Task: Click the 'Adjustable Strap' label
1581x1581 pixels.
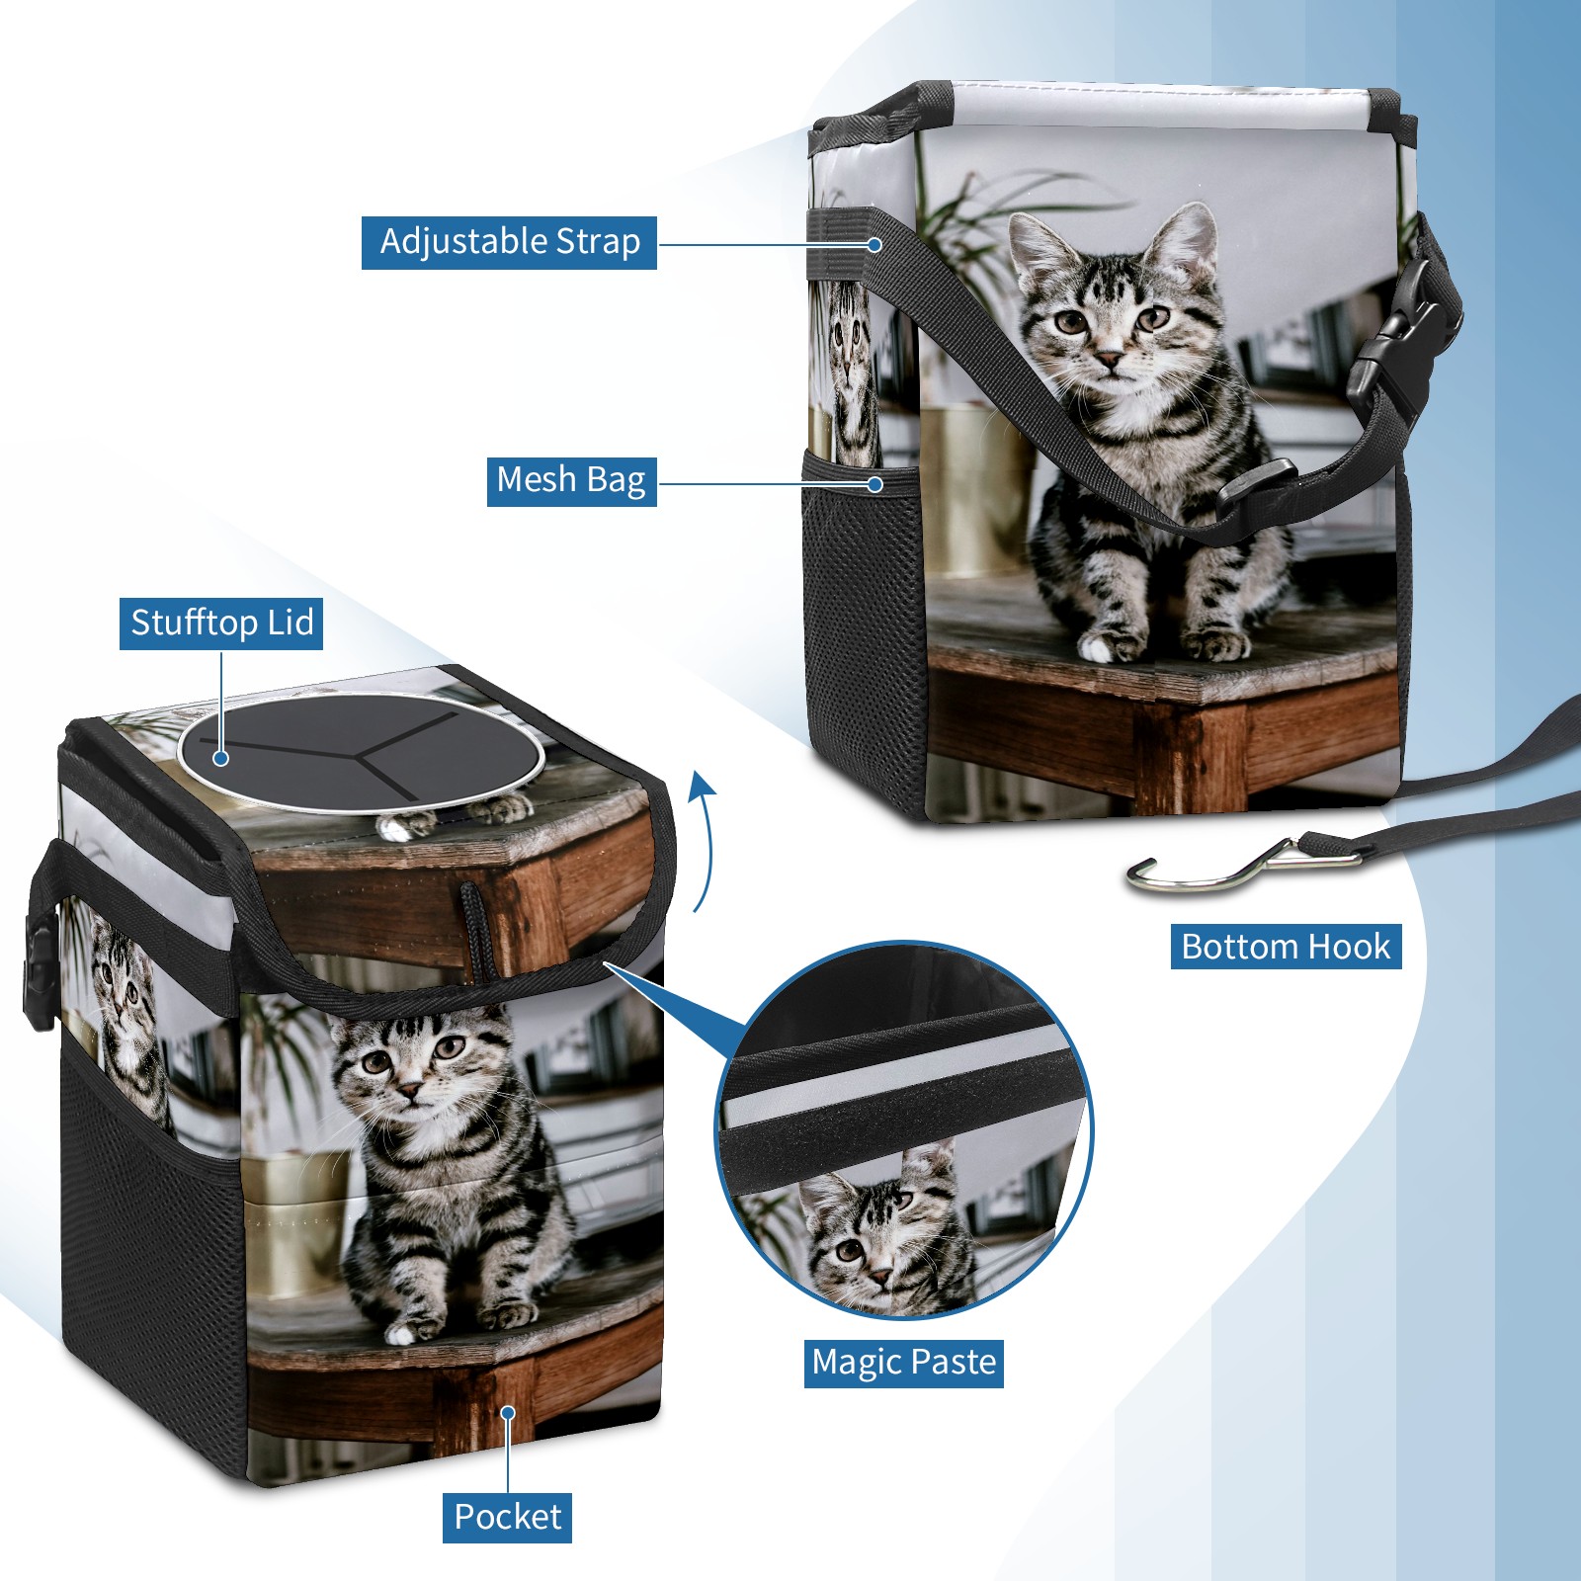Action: [509, 242]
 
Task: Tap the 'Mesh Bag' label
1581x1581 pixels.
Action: [571, 480]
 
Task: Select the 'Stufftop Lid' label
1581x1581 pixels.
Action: [221, 624]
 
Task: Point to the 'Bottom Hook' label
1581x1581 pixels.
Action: [1286, 947]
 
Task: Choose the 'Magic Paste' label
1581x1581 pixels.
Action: [904, 1363]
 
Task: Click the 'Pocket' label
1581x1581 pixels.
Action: [507, 1517]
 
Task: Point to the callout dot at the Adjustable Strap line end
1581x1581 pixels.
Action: [874, 243]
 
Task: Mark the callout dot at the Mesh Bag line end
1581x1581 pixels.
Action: [874, 484]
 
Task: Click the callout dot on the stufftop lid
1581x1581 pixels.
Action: [221, 758]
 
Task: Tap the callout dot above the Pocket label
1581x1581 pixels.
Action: [508, 1413]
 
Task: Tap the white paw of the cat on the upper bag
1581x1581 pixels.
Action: [1098, 648]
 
